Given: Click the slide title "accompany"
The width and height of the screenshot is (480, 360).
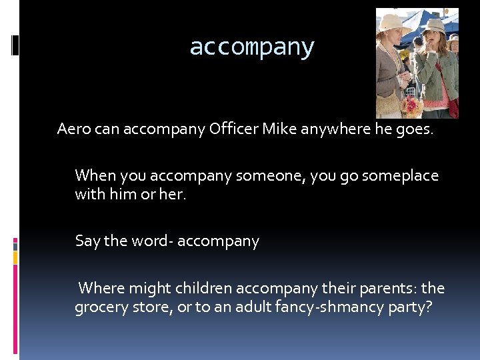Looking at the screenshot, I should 251,47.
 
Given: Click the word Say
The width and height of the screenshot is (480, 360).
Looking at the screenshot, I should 88,241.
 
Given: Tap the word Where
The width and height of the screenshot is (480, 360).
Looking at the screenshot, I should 101,289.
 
